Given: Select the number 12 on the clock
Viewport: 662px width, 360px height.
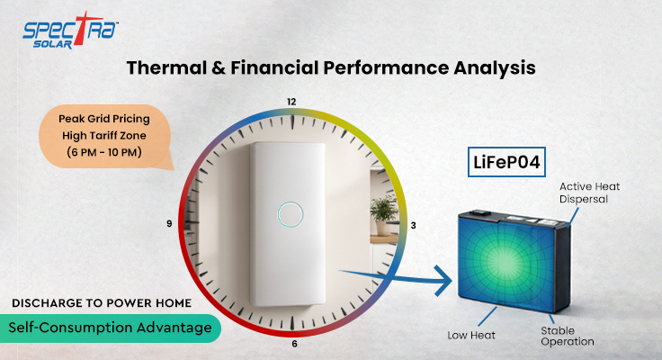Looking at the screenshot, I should click(x=291, y=101).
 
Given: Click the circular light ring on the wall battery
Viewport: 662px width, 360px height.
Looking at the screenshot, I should click(x=290, y=214).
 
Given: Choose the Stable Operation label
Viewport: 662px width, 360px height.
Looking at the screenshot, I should click(x=567, y=336).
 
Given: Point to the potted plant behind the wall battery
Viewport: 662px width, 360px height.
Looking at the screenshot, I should click(x=384, y=211).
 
